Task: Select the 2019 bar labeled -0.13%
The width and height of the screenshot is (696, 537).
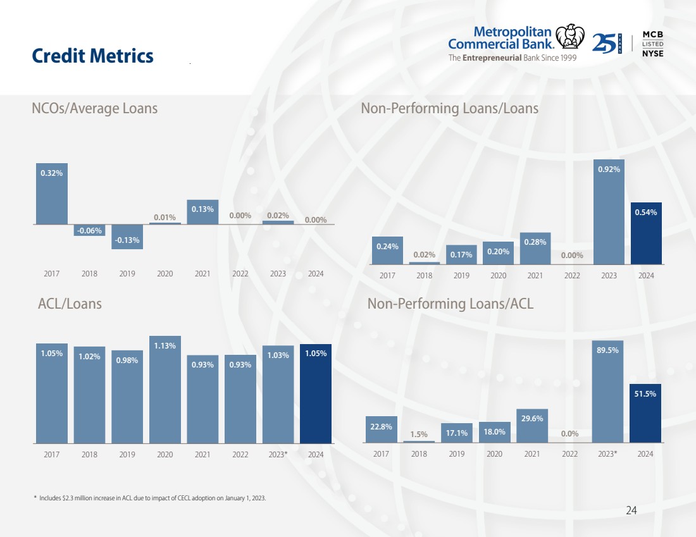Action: tap(127, 237)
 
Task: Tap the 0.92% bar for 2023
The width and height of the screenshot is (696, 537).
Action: tap(609, 212)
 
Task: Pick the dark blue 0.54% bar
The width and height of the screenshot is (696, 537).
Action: tap(646, 233)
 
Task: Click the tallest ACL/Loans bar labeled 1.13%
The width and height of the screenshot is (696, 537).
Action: tap(165, 389)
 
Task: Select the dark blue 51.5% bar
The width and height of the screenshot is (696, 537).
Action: tap(645, 413)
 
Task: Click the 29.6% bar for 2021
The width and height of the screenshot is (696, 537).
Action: tap(533, 426)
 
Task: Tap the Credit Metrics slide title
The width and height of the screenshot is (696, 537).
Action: tap(92, 56)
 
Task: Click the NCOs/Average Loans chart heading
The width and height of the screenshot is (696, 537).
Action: tap(94, 108)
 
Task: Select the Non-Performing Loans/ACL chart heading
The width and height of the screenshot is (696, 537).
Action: tap(450, 304)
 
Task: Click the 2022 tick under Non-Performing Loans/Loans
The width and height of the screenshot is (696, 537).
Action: tap(572, 276)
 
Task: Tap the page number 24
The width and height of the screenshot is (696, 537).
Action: tap(631, 510)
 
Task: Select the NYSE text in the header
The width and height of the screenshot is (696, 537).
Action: tap(653, 53)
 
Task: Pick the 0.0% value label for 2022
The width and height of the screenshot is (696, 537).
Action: tap(570, 434)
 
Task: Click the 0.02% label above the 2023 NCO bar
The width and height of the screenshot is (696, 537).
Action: tap(278, 216)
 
